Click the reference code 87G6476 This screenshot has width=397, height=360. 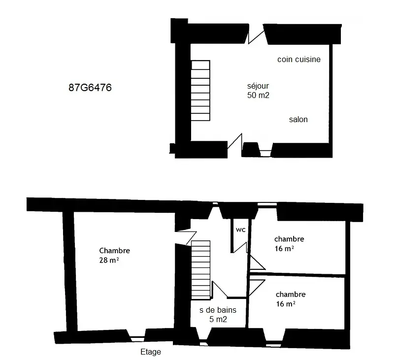[90, 88]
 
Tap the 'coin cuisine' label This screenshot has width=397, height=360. [299, 59]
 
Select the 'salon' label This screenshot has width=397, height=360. [298, 119]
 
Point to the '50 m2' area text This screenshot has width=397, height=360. [258, 96]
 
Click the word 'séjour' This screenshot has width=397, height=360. [258, 86]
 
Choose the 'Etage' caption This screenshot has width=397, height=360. [151, 352]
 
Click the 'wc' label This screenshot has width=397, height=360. [240, 229]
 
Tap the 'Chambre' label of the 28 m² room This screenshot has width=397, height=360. [114, 251]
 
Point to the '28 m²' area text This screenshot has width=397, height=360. [109, 260]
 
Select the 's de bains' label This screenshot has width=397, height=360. [218, 310]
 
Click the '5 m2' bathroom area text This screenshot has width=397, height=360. [218, 319]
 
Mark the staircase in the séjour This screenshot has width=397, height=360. [200, 91]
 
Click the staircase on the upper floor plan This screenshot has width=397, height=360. [200, 269]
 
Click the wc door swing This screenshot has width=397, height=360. [240, 247]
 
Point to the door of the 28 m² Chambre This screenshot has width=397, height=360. [186, 238]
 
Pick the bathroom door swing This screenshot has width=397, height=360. [220, 289]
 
